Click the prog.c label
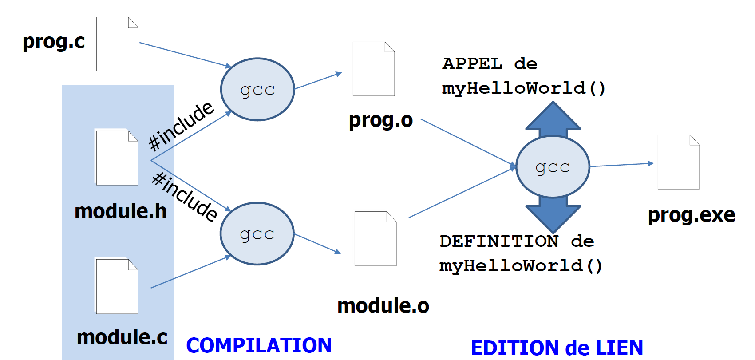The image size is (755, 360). [54, 42]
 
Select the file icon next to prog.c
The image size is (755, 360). [117, 44]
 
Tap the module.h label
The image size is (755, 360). [121, 211]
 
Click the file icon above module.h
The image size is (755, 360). [117, 158]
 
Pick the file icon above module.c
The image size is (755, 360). [117, 286]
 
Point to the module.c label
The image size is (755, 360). [122, 337]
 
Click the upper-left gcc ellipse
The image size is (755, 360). [257, 89]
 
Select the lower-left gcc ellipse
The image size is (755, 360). [257, 234]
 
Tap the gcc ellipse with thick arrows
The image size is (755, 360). [553, 167]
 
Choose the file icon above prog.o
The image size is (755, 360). [374, 69]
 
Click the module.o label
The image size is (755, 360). [383, 306]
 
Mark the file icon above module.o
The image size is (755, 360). [376, 239]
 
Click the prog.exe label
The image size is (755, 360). [692, 215]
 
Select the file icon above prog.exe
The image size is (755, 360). [679, 162]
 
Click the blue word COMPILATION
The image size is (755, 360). [259, 345]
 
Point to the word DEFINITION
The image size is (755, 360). [499, 241]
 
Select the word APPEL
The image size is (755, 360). [472, 64]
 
